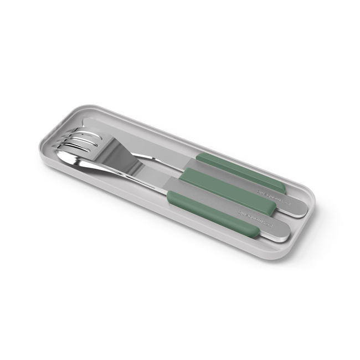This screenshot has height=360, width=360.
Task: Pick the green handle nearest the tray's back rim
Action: pyautogui.click(x=241, y=171)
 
